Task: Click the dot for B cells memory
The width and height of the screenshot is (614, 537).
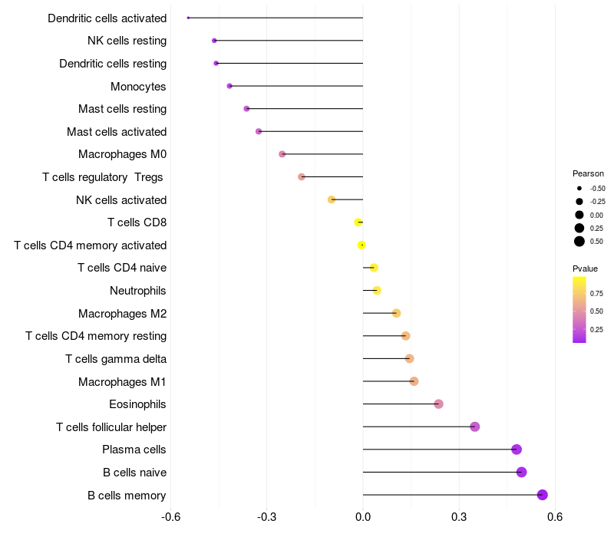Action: (542, 495)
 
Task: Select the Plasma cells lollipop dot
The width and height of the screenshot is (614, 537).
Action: (517, 450)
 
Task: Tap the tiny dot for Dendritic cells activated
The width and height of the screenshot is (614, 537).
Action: (188, 18)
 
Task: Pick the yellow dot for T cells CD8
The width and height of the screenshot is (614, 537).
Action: (358, 222)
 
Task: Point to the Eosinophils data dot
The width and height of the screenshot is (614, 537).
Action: (438, 404)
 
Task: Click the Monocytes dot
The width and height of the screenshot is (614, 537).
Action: (229, 86)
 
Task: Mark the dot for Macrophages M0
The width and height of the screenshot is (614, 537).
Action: (282, 154)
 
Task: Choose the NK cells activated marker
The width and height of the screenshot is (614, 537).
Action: (332, 199)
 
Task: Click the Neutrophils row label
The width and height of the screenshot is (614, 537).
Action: (138, 291)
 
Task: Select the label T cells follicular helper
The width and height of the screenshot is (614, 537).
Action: (111, 427)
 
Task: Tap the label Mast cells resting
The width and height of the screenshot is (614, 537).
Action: (123, 109)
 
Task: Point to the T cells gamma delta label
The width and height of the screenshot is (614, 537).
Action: (116, 359)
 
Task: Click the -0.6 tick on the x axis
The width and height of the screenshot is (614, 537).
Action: (170, 517)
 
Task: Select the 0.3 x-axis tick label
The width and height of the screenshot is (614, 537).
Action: (459, 517)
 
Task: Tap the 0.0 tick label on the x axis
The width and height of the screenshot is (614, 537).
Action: (363, 517)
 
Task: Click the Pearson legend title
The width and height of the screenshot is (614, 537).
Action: (588, 173)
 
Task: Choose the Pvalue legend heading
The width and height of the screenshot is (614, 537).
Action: (585, 268)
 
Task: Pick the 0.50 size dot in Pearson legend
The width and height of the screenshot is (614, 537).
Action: (579, 242)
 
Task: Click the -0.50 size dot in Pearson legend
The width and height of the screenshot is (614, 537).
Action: (579, 188)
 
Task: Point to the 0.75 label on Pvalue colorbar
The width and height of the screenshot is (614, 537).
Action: (596, 294)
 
